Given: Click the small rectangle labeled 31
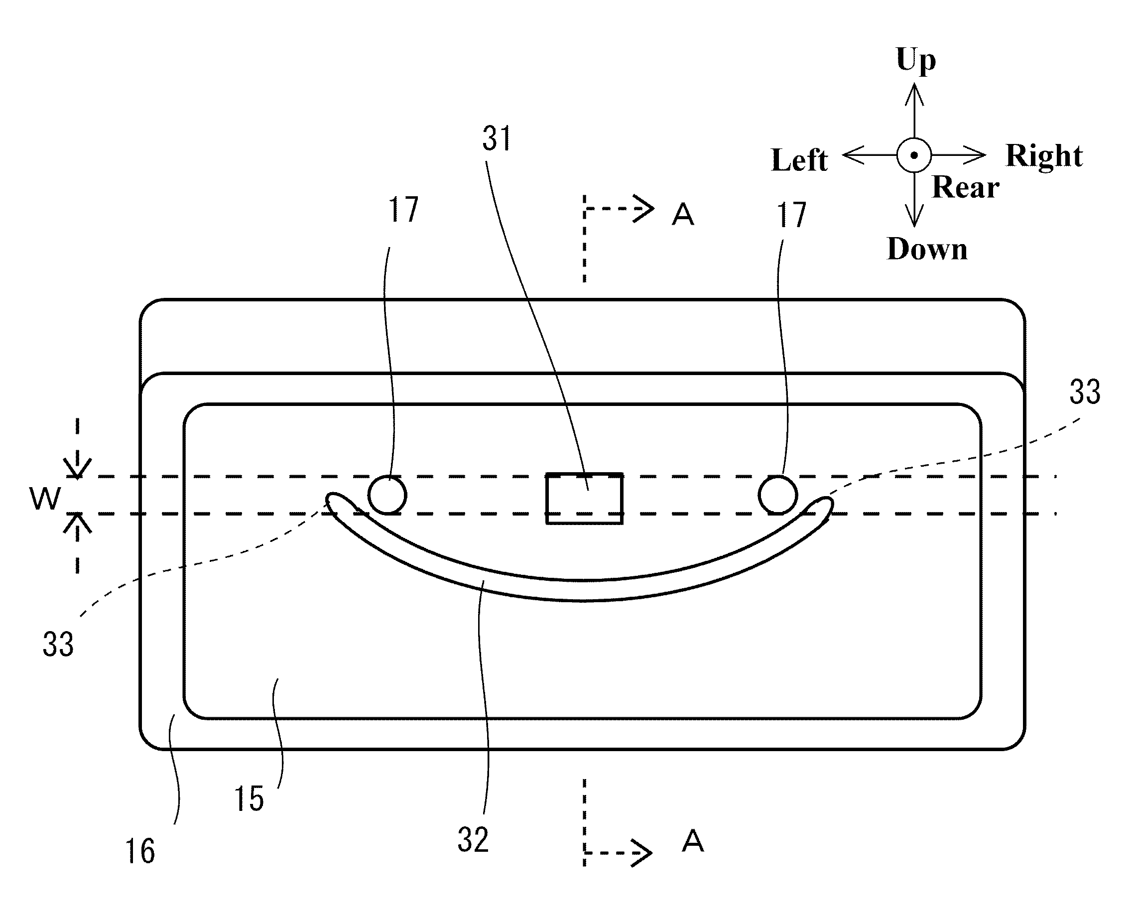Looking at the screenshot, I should [x=584, y=498].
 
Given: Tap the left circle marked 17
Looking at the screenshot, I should [x=387, y=495].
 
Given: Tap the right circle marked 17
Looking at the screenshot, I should [x=777, y=495].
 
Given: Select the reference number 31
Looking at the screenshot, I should [x=497, y=138].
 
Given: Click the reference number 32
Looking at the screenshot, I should [x=473, y=840].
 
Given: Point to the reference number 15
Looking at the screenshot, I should [x=249, y=799].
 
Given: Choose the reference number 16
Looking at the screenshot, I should [x=140, y=852].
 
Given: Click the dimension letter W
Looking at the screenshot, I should [x=45, y=498].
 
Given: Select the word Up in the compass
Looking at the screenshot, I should [x=916, y=60].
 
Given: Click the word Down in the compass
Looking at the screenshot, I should [x=927, y=249].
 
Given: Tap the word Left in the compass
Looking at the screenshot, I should [x=799, y=160].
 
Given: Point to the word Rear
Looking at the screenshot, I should [x=966, y=187].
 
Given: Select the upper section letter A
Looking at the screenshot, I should [x=683, y=215].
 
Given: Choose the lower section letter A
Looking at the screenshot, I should [x=693, y=841].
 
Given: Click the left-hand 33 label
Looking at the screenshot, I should [x=58, y=644].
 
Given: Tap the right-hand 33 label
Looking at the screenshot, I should [x=1085, y=393].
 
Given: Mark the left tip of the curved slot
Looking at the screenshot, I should [x=332, y=500].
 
